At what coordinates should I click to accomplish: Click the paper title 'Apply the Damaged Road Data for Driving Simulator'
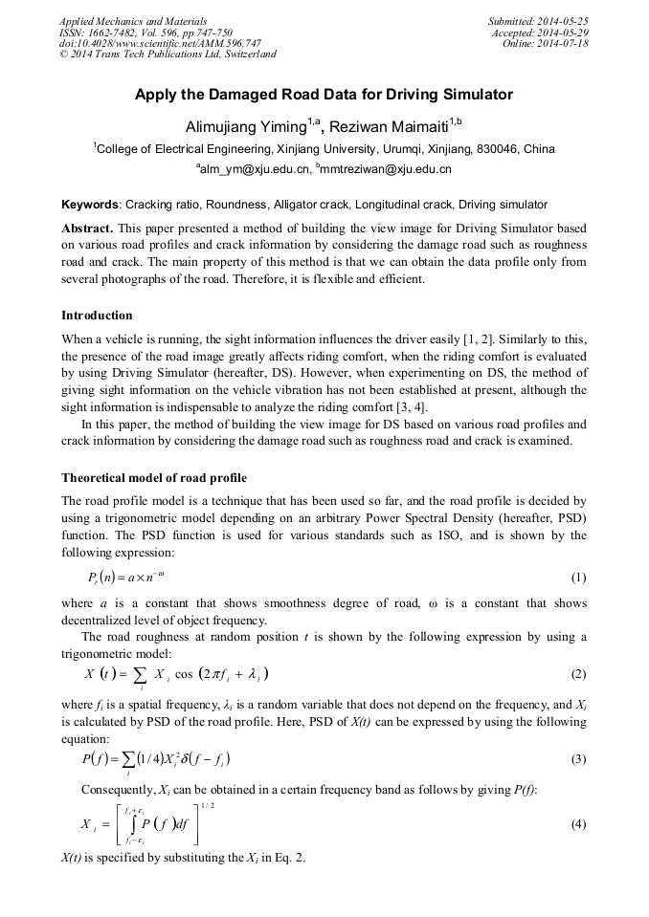pyautogui.click(x=324, y=95)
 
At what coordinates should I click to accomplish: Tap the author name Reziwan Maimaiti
pyautogui.click(x=388, y=126)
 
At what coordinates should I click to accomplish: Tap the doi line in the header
pyautogui.click(x=160, y=43)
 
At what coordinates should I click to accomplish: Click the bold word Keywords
pyautogui.click(x=90, y=205)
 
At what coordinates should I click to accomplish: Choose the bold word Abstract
pyautogui.click(x=87, y=229)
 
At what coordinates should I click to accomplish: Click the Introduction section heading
pyautogui.click(x=97, y=316)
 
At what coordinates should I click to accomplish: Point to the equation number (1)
pyautogui.click(x=578, y=578)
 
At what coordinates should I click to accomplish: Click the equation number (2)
pyautogui.click(x=578, y=673)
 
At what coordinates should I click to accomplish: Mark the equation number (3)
pyautogui.click(x=578, y=759)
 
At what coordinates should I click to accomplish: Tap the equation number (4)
pyautogui.click(x=578, y=823)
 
